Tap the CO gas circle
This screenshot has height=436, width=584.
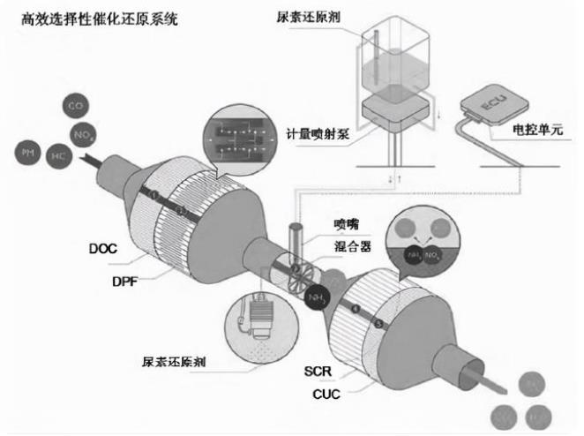point(77,108)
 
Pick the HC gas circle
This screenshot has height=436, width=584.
point(58,156)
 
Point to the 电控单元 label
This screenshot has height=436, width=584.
point(536,131)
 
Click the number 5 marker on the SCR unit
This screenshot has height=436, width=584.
point(379,324)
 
